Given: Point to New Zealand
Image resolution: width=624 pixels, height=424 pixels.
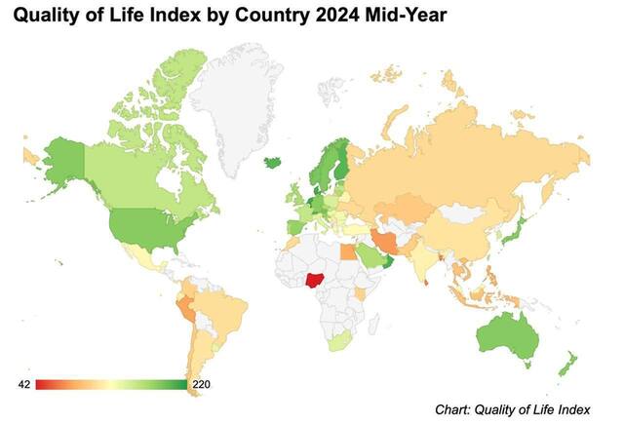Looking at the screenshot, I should (566, 366).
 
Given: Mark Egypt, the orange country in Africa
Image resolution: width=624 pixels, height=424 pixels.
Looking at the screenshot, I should (348, 250).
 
